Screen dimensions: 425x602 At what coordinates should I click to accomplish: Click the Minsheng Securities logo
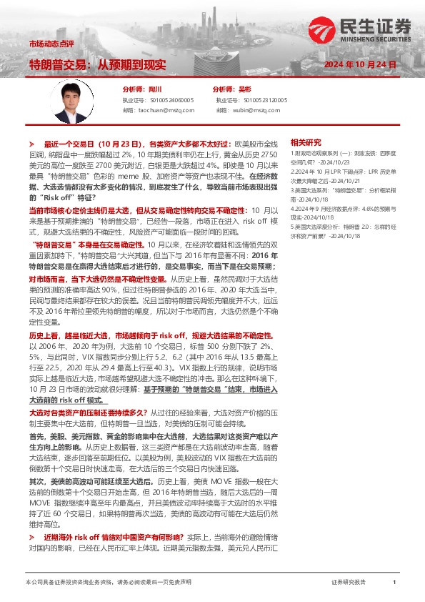(361, 29)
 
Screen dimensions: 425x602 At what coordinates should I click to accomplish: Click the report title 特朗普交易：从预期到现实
(98, 64)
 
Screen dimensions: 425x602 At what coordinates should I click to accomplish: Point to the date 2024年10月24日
(360, 64)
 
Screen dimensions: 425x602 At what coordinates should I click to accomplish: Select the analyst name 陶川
(156, 89)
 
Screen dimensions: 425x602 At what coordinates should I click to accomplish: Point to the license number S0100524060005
(168, 100)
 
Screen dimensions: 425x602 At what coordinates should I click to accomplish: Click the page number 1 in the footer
(394, 583)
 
